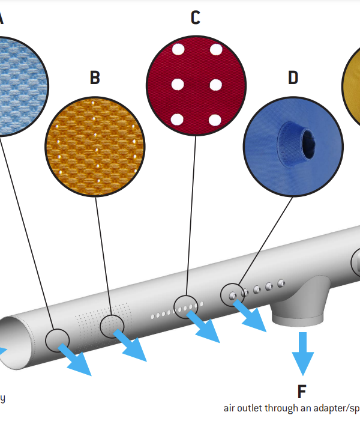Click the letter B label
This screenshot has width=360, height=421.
(x=95, y=77)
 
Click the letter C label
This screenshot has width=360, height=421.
(x=195, y=18)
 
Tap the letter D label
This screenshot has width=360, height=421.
(x=293, y=77)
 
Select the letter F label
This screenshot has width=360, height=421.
(x=302, y=392)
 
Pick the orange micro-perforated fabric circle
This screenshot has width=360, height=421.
(x=95, y=147)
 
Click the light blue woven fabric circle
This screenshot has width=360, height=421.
(x=15, y=84)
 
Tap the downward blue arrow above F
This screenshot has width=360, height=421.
(x=302, y=351)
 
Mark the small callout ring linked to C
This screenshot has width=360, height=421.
(x=185, y=306)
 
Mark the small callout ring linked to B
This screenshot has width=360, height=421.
(x=112, y=326)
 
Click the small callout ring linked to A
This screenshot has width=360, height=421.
(x=58, y=340)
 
